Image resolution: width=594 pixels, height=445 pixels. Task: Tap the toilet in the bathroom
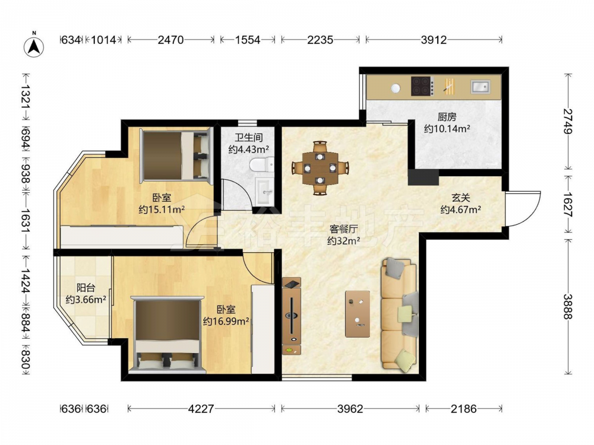(x=261, y=164)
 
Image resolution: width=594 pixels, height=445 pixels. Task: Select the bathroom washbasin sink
(x=265, y=192)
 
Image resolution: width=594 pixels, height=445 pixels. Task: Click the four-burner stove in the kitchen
(x=421, y=86)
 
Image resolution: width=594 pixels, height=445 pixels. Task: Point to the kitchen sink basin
(x=481, y=87)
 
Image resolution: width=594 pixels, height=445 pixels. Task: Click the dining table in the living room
(x=320, y=168)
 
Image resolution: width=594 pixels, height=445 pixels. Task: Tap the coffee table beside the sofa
(x=358, y=314)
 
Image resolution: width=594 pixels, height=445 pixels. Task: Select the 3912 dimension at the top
(x=434, y=39)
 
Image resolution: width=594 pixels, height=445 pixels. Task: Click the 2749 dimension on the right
(x=567, y=121)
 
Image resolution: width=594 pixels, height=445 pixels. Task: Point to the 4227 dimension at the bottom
(x=201, y=409)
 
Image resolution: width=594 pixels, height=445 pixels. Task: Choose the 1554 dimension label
(x=248, y=39)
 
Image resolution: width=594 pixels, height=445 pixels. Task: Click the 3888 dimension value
(x=567, y=307)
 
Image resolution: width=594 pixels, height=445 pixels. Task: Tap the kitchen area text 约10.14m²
(x=447, y=129)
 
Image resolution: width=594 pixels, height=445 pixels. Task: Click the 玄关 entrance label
(x=461, y=198)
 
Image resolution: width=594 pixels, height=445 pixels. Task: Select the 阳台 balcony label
(x=86, y=288)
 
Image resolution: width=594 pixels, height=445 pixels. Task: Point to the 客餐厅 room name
(x=343, y=229)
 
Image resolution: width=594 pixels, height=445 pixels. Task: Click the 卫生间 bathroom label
(x=248, y=138)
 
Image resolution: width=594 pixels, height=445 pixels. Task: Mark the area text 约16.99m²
(x=226, y=321)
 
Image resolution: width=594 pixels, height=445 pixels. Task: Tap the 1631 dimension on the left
(x=25, y=220)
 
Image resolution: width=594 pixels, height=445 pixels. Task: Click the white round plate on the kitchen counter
(x=396, y=88)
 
